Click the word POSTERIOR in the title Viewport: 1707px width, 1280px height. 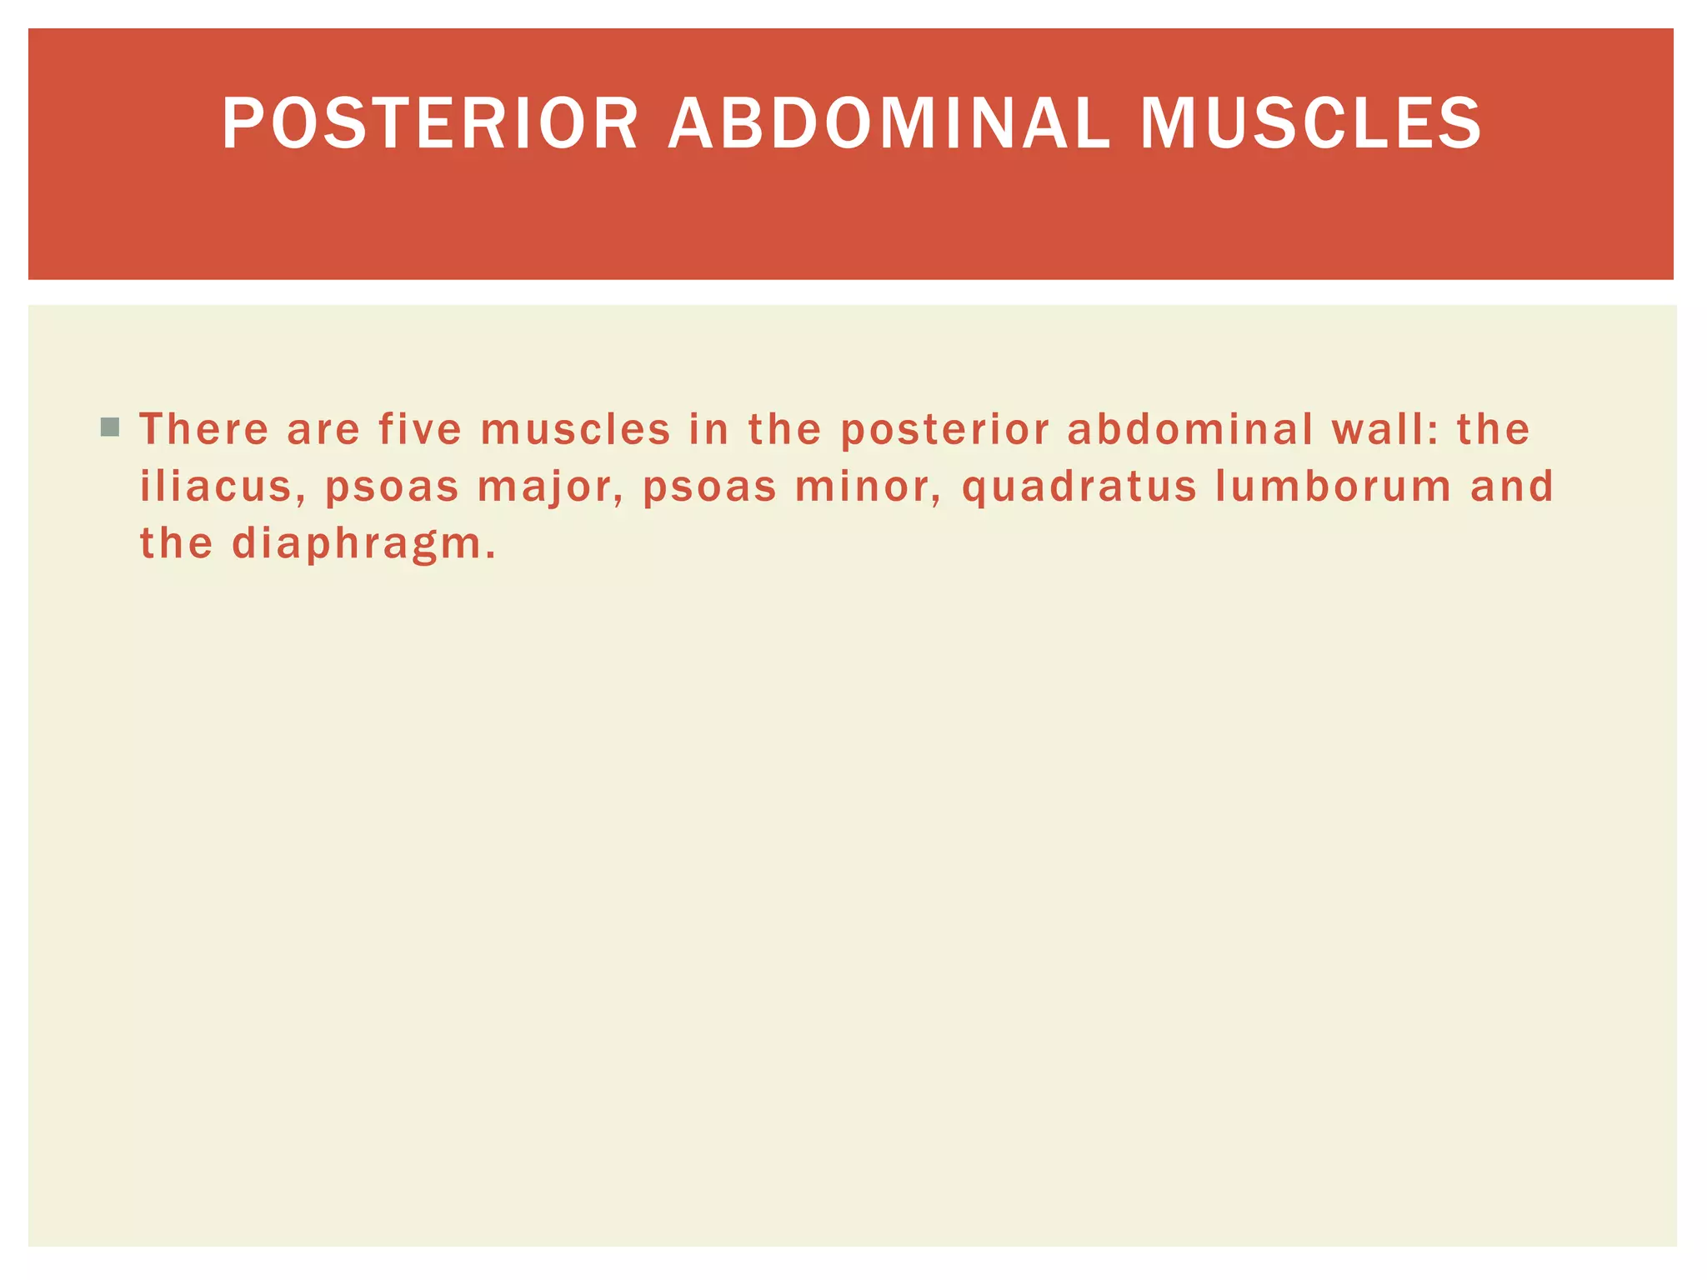[x=430, y=123]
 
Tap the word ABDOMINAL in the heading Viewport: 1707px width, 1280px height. [x=889, y=123]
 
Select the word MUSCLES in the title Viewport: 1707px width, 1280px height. [x=1310, y=123]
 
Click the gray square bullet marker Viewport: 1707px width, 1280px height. [x=109, y=427]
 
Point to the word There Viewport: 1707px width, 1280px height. [x=204, y=429]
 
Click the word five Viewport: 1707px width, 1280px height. [x=420, y=429]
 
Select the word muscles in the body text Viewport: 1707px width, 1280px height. [x=575, y=429]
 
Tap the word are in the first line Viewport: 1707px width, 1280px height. [x=323, y=429]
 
